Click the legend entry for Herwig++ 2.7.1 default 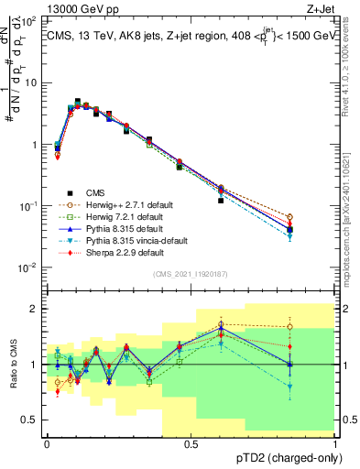[125, 204]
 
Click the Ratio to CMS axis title [13, 365]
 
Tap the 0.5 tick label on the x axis [191, 443]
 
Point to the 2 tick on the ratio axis [35, 309]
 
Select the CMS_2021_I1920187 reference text [191, 274]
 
